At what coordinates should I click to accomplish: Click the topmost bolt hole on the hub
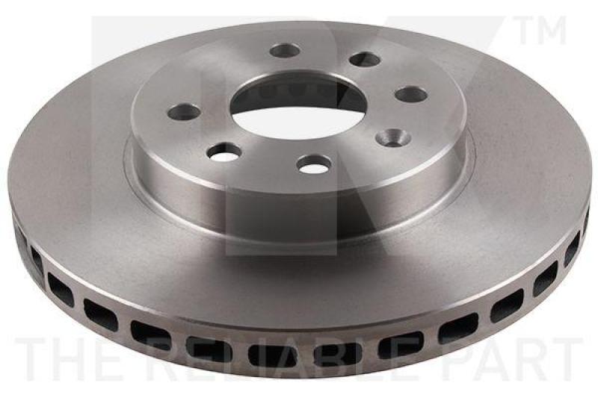pyautogui.click(x=286, y=50)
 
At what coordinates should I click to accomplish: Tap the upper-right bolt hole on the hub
pyautogui.click(x=365, y=59)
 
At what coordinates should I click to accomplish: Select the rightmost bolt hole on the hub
pyautogui.click(x=411, y=94)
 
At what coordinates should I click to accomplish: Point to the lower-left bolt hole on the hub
pyautogui.click(x=224, y=152)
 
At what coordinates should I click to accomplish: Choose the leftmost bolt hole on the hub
pyautogui.click(x=185, y=112)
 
